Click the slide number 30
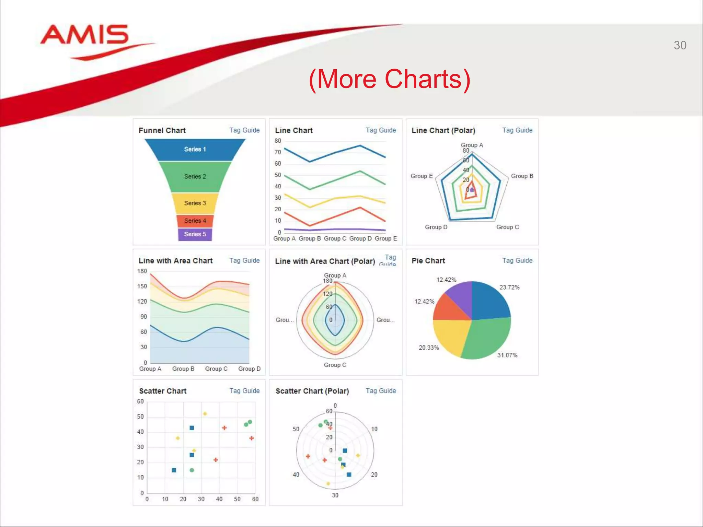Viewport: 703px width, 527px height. click(x=680, y=45)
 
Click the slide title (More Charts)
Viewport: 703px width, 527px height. click(x=390, y=79)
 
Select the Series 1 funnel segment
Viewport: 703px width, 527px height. click(x=195, y=149)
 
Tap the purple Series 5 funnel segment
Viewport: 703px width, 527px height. click(x=195, y=234)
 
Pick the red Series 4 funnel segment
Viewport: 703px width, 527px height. click(x=195, y=221)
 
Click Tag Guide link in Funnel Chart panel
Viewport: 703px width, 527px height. click(x=244, y=130)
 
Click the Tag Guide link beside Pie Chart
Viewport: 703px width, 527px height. click(x=517, y=260)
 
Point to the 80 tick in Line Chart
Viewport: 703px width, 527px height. click(x=278, y=141)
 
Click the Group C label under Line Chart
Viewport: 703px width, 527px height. click(x=335, y=238)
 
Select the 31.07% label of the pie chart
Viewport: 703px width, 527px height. click(x=507, y=355)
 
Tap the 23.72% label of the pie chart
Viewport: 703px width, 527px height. click(x=509, y=287)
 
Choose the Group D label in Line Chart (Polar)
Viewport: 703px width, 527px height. click(x=436, y=227)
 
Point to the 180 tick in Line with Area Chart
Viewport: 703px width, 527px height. click(x=142, y=271)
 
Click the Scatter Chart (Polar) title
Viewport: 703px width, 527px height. click(x=312, y=391)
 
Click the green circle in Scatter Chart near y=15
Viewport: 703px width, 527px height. click(x=192, y=470)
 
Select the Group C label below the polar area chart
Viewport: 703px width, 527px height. click(x=335, y=365)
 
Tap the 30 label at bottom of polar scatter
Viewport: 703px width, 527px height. click(x=335, y=495)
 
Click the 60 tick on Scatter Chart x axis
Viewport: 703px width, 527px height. click(x=255, y=499)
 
